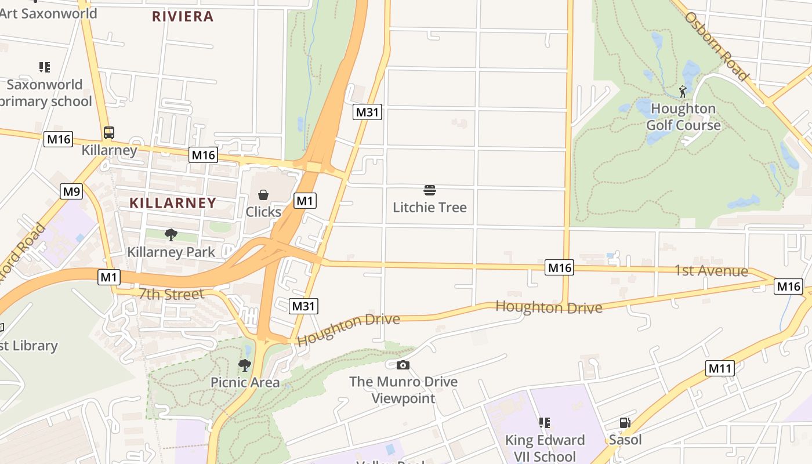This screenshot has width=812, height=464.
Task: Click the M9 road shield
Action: pos(71,191)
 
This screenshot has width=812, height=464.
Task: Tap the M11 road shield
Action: pos(720,368)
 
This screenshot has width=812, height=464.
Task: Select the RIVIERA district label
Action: pos(183,16)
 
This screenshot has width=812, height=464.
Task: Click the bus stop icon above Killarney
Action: pos(109,132)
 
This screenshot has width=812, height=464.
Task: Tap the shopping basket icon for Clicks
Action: pos(263,194)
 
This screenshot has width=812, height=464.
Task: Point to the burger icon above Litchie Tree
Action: pos(430,190)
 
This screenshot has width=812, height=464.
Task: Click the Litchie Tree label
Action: pos(430,207)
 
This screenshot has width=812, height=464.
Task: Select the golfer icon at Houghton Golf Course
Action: pos(683,92)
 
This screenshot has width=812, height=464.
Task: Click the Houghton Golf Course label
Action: pos(683,117)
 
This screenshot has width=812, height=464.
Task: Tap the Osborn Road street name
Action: pos(716,46)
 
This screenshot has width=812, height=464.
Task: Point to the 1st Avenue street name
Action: pos(710,271)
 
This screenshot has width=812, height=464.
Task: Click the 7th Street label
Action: pos(171,294)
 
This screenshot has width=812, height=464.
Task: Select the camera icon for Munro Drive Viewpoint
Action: pos(403,365)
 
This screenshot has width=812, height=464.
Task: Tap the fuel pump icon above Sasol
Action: pos(625,423)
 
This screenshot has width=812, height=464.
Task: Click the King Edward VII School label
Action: pos(545,448)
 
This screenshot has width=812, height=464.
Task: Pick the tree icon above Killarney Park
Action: pos(171,235)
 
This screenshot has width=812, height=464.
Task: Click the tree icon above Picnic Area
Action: pos(245,365)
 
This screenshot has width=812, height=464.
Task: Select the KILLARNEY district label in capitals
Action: pos(173,203)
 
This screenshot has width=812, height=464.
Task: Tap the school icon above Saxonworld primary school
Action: pos(45,67)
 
